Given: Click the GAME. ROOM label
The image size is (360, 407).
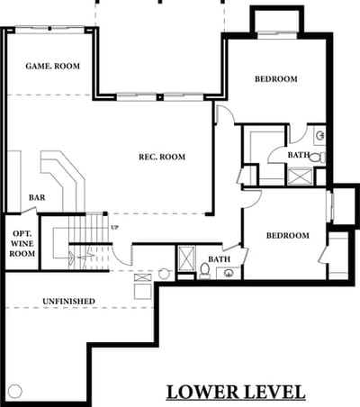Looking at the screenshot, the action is coord(53,66).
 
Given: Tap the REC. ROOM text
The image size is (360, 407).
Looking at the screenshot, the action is coord(162,157).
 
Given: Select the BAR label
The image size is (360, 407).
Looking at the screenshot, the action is coord(37,197).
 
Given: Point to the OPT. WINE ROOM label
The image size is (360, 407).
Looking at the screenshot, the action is coord(22,243).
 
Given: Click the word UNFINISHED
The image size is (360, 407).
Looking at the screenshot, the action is coord(68,301).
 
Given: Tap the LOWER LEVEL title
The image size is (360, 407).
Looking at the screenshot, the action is coord(236,392).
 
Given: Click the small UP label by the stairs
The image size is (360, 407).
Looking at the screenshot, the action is coord(114,228).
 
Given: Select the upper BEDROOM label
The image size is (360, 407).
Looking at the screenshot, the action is coord(276,79).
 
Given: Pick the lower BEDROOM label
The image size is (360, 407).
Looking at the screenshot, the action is coord(288,235).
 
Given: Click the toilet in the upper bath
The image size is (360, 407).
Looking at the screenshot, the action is coord(317,158).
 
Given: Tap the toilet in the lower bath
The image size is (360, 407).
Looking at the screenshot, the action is coord(205,269).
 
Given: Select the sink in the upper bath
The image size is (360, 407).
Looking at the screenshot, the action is coord(320,136).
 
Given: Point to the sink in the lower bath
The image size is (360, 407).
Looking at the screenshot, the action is coord(229,273).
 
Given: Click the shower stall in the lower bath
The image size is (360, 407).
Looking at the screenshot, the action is coord(186,258).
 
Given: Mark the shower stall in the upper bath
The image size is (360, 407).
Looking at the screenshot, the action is coord(300,176).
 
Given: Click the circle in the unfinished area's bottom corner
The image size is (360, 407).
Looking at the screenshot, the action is coord(15,391).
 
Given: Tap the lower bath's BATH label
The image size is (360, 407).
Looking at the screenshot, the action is coord(220,259).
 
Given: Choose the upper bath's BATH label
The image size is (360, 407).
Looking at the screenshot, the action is coord(299,155).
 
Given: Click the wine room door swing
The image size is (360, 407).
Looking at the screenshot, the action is coord(30,211).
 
